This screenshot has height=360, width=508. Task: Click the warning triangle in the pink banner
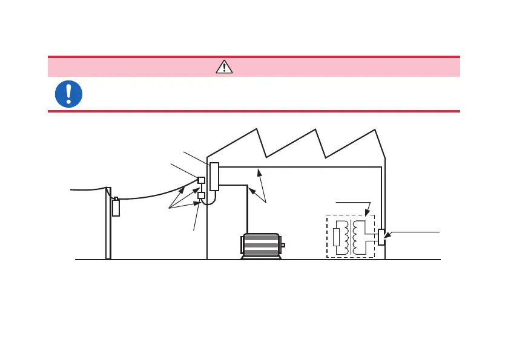[x=224, y=67]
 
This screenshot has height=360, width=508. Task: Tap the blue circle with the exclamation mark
[x=68, y=94]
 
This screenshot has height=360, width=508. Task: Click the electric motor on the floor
[x=261, y=246]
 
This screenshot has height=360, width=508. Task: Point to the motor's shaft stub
[x=283, y=245]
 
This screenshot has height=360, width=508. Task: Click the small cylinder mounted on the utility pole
[x=116, y=206]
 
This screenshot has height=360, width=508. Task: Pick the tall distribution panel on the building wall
[x=214, y=177]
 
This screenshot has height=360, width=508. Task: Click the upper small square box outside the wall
[x=202, y=180]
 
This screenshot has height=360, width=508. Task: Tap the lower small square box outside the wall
[x=202, y=195]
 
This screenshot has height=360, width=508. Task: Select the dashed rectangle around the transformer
[x=351, y=236]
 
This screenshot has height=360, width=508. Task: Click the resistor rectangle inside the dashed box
[x=337, y=237]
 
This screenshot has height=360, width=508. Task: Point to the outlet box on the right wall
[x=381, y=237]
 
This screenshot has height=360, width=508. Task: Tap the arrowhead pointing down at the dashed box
[x=368, y=213]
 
